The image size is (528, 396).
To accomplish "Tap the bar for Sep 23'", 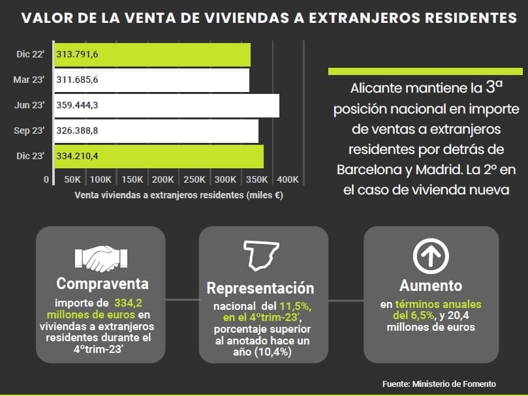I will click(156, 131).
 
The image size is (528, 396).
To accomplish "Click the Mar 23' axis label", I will click(29, 80).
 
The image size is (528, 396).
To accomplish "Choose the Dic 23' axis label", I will click(29, 157).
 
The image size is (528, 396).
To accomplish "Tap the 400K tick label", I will click(287, 179).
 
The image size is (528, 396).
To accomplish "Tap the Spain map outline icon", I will click(262, 256).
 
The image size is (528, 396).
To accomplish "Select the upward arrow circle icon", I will click(431, 256).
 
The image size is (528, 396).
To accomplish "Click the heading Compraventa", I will click(102, 284).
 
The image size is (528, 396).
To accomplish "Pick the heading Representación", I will click(260, 288).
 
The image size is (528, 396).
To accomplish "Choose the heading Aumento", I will click(431, 286).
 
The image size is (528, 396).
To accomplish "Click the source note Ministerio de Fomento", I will click(439, 384).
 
